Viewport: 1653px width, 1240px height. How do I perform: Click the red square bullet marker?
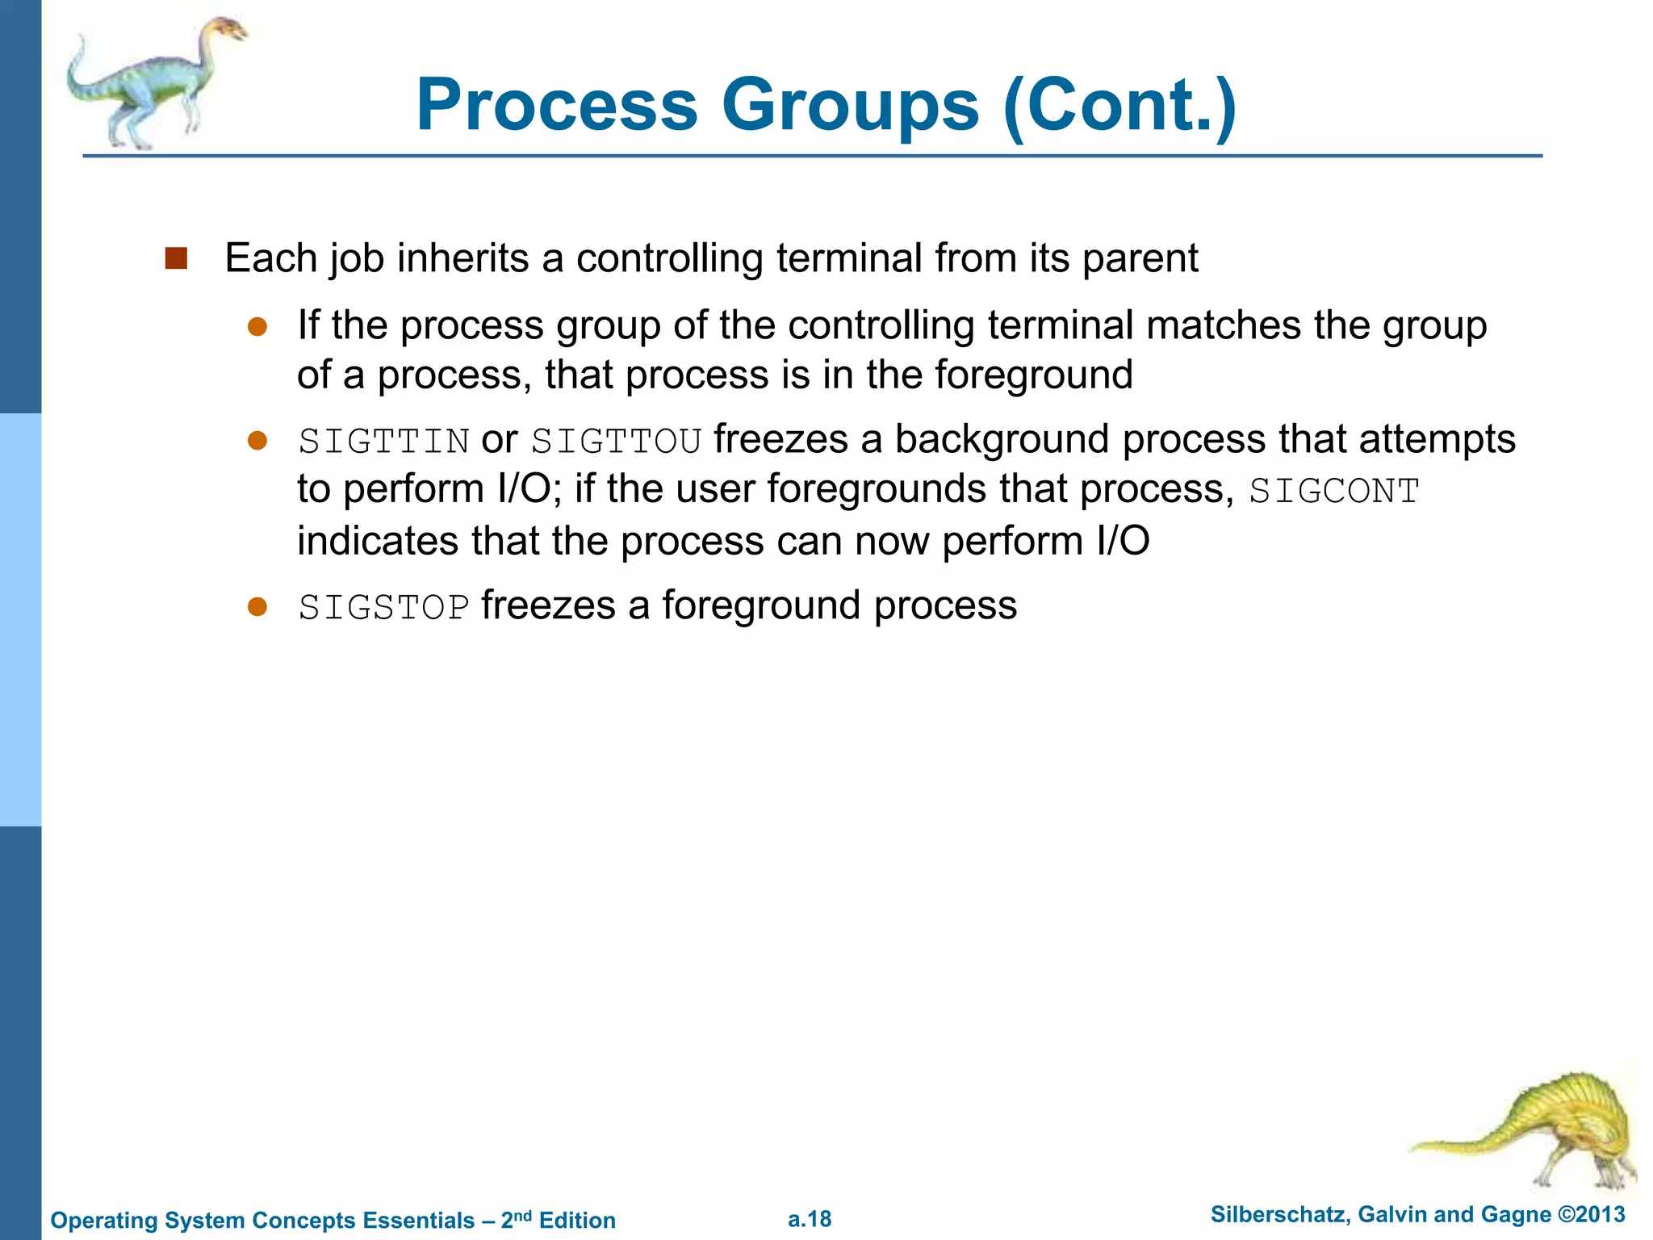pyautogui.click(x=176, y=259)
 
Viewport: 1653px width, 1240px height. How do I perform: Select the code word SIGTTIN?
pyautogui.click(x=384, y=442)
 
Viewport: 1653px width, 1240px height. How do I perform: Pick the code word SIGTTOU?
pyautogui.click(x=617, y=442)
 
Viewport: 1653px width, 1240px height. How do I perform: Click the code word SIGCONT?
pyautogui.click(x=1333, y=492)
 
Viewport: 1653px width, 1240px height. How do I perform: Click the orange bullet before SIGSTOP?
pyautogui.click(x=257, y=607)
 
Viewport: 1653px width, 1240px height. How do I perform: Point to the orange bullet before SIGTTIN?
pyautogui.click(x=257, y=441)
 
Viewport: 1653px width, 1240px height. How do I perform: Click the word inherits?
pyautogui.click(x=463, y=259)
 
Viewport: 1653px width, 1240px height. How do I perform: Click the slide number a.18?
pyautogui.click(x=810, y=1219)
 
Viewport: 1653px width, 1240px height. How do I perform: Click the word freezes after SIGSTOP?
pyautogui.click(x=549, y=606)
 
